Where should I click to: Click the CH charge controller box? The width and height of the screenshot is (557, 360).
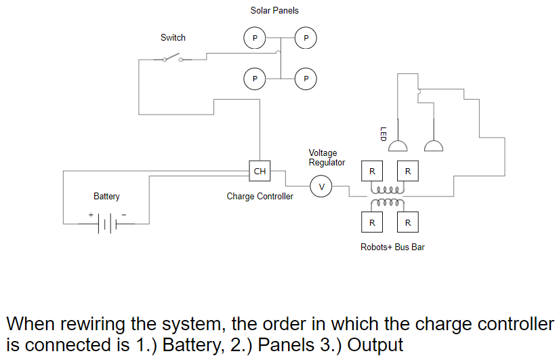click(x=260, y=172)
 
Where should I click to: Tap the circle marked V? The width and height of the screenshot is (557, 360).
click(x=321, y=186)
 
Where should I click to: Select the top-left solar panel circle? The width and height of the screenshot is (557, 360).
click(x=255, y=38)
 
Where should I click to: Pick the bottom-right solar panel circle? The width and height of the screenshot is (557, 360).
click(x=306, y=79)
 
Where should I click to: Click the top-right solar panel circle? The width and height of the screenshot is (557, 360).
click(x=306, y=38)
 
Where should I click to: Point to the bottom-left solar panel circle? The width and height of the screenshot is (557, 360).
click(x=255, y=79)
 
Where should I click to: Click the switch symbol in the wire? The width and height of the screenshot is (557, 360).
click(x=173, y=58)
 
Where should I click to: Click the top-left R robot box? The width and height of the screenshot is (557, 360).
click(x=372, y=172)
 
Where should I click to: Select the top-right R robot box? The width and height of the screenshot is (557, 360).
click(x=407, y=172)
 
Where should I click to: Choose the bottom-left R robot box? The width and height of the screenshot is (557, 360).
click(x=372, y=222)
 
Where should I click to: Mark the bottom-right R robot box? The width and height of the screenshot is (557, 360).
click(x=407, y=222)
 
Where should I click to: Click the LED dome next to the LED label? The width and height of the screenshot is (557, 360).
click(x=398, y=146)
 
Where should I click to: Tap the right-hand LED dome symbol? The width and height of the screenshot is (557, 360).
click(x=434, y=146)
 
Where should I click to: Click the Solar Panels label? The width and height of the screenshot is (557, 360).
click(x=274, y=11)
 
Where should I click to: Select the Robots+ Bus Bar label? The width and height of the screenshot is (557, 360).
click(x=392, y=247)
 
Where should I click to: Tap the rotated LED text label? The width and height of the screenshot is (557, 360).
click(x=383, y=134)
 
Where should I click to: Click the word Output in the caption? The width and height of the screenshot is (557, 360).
click(x=375, y=344)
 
